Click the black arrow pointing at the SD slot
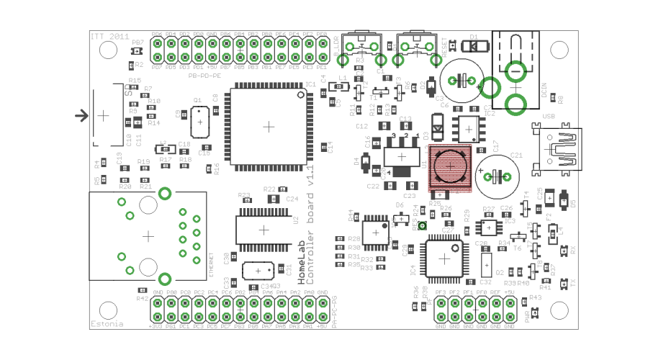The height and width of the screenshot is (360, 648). [x=82, y=115]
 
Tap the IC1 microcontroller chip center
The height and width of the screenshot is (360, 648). [x=269, y=126]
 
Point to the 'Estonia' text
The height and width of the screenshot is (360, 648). [x=107, y=324]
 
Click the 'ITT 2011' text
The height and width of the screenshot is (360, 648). [x=109, y=35]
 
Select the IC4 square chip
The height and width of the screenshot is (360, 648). [x=444, y=258]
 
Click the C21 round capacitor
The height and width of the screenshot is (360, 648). [x=497, y=175]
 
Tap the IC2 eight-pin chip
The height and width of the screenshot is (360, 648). [x=470, y=128]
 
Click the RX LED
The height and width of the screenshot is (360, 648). [x=564, y=251]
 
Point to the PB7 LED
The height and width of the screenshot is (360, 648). [x=138, y=53]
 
